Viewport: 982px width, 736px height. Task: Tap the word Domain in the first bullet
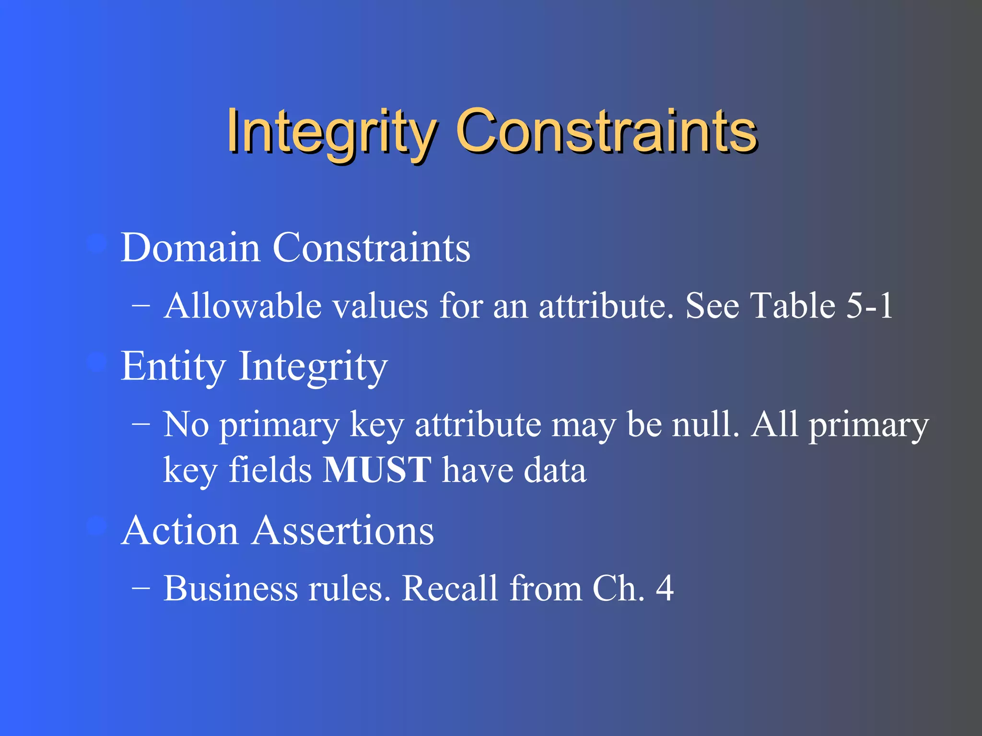190,248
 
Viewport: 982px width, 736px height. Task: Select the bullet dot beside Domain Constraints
97,244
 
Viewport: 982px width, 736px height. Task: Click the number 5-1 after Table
869,306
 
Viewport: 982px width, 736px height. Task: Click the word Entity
173,366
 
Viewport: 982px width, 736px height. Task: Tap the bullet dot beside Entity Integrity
97,362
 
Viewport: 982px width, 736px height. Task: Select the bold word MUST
377,470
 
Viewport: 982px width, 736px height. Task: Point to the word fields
270,470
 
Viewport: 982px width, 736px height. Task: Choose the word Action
180,530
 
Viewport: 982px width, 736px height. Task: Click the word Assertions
343,530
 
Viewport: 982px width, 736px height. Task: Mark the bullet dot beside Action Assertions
97,527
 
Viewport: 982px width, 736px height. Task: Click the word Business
230,588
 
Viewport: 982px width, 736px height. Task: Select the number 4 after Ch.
665,588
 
